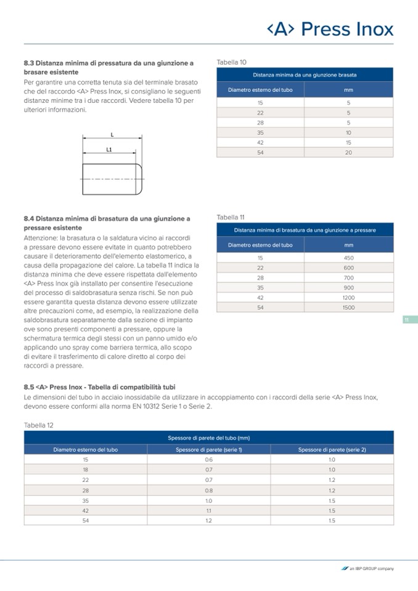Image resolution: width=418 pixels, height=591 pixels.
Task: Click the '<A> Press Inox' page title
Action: pos(330,29)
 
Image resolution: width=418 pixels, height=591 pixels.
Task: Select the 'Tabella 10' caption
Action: pos(232,62)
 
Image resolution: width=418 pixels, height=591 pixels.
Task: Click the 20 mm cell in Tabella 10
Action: pos(348,152)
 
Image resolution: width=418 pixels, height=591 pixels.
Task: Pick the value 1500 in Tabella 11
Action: pos(348,307)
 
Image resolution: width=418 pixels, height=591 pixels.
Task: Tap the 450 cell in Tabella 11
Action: pos(348,258)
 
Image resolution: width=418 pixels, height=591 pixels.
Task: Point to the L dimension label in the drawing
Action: pos(112,134)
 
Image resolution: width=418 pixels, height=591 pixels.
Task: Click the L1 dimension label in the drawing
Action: pos(109,149)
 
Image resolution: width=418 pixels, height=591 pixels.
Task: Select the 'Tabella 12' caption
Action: pos(39,425)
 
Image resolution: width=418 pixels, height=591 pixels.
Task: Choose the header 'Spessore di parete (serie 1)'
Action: pos(208,449)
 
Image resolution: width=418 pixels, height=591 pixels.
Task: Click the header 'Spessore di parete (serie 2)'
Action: pos(332,449)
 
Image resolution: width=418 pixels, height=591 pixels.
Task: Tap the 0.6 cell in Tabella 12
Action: pos(208,460)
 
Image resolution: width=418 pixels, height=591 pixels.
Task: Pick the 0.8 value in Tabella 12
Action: pos(208,490)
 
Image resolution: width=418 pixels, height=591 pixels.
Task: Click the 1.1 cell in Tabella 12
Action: pos(208,510)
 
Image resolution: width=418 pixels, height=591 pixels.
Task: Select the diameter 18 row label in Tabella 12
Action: pos(86,470)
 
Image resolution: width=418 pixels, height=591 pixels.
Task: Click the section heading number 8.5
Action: pos(29,387)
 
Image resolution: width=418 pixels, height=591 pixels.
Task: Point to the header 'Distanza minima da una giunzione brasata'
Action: pos(305,75)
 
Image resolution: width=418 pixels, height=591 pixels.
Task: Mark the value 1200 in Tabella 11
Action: pos(348,297)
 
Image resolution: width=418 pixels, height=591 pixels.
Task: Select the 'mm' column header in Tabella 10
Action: pos(348,90)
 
